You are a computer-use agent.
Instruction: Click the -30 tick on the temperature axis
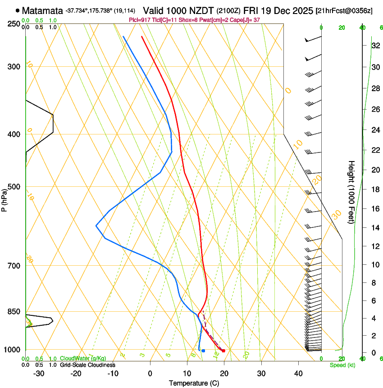click(x=39, y=374)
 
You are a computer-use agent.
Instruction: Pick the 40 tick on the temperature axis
click(x=298, y=374)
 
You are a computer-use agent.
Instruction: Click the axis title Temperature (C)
click(x=194, y=383)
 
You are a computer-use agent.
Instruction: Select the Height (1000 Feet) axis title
click(x=351, y=192)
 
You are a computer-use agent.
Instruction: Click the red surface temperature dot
click(x=223, y=351)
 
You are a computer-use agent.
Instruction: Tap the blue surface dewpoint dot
click(x=204, y=351)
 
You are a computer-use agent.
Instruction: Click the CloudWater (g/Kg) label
click(x=83, y=359)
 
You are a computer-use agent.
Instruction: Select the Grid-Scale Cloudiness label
click(x=87, y=365)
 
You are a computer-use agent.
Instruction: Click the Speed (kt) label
click(x=342, y=365)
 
